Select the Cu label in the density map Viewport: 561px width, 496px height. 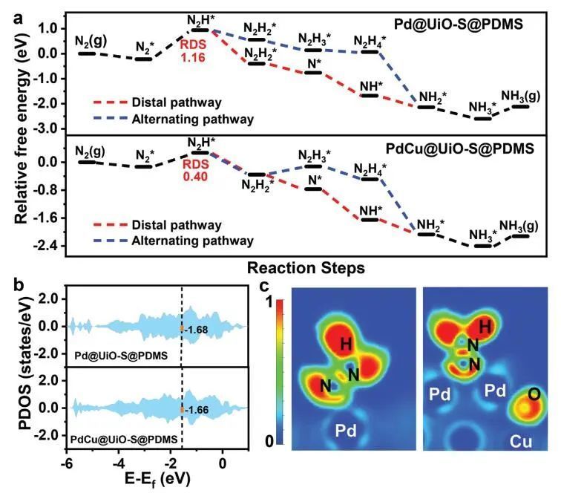pos(521,440)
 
